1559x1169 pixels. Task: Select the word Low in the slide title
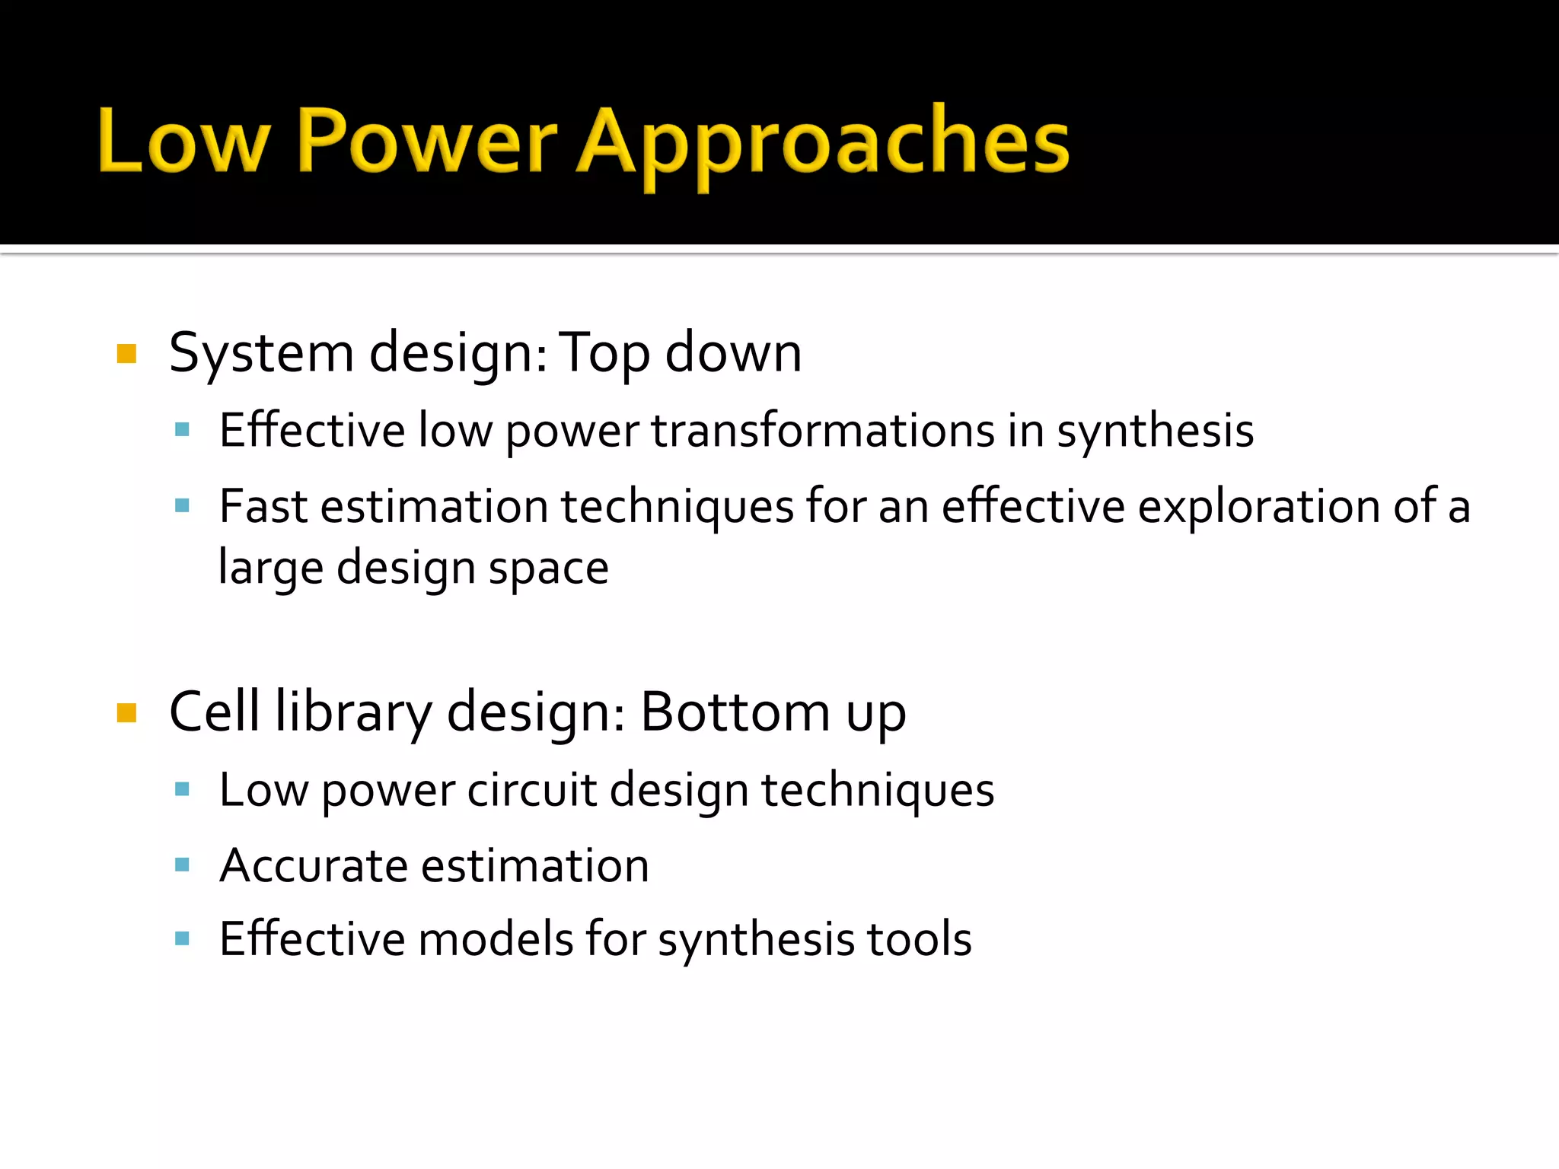[183, 142]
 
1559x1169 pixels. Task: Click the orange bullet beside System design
[126, 354]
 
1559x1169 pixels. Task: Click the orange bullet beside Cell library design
[126, 713]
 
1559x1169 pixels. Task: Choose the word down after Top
[733, 353]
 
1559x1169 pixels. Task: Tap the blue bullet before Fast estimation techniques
[182, 505]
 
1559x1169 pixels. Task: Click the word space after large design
[548, 569]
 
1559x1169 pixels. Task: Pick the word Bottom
[735, 713]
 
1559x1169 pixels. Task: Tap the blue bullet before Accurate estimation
[182, 865]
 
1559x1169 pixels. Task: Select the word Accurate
[314, 866]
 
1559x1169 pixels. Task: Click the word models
[496, 939]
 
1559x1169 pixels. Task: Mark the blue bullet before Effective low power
[182, 430]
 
